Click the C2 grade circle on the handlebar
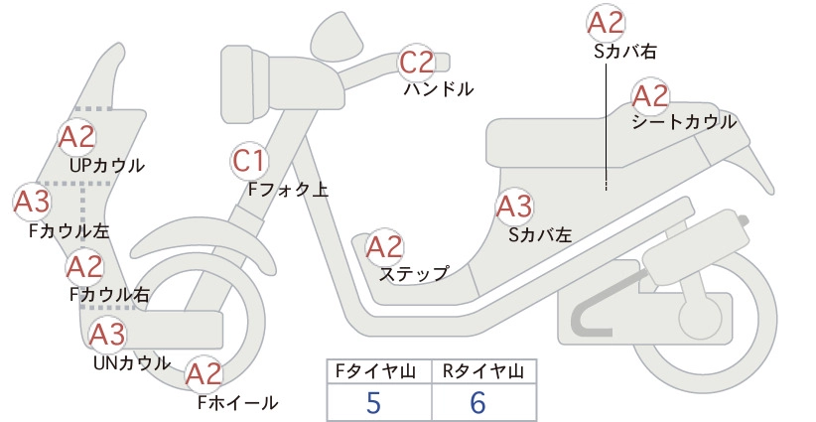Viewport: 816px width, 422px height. pos(417,63)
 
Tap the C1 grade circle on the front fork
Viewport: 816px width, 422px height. pos(250,160)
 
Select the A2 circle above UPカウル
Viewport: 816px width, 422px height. pos(76,137)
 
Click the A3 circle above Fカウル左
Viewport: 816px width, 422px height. pos(32,202)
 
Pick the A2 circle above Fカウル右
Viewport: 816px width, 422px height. pos(84,267)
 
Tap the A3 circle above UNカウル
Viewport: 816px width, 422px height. pos(107,334)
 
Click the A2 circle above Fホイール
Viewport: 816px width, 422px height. pos(204,374)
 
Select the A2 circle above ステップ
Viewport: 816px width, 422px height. pos(385,247)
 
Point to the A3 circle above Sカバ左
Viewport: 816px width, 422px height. pos(514,207)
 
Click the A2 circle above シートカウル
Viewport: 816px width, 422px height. pos(650,96)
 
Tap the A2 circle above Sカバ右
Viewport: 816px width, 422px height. pos(606,23)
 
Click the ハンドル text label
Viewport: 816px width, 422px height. pos(439,89)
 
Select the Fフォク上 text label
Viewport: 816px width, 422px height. pos(288,189)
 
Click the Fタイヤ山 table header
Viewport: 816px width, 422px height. pos(375,371)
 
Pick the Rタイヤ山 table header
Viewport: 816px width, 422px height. pos(483,371)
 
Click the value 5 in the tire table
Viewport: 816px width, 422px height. pos(373,402)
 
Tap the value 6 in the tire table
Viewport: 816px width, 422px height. pos(477,402)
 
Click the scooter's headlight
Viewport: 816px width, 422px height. pos(243,83)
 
